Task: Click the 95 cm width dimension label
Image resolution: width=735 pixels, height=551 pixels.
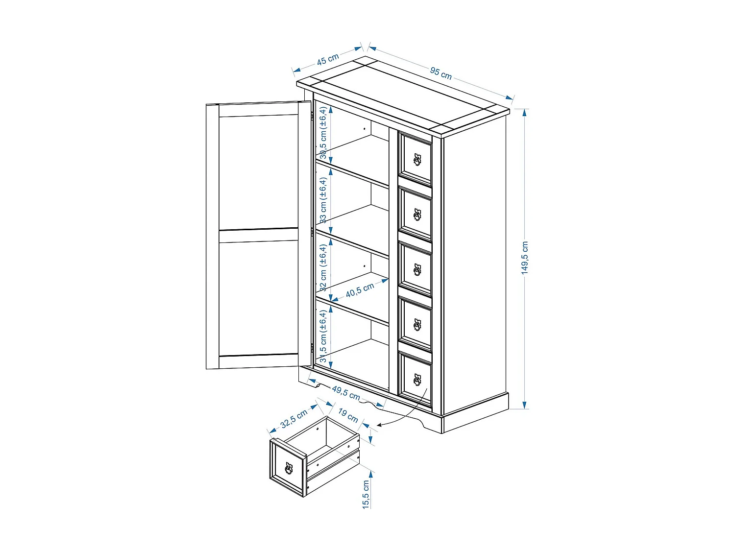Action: [x=441, y=73]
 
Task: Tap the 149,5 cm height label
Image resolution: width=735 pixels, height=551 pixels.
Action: [x=525, y=258]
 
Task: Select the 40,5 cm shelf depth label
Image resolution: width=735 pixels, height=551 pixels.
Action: [x=360, y=290]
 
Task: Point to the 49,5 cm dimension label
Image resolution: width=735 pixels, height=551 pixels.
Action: [x=346, y=393]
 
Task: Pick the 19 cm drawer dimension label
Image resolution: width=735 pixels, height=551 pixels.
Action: [x=348, y=415]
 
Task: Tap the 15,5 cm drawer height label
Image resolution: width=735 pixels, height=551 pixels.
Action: [x=366, y=495]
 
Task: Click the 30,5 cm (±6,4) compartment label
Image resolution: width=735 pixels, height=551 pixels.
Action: [x=323, y=133]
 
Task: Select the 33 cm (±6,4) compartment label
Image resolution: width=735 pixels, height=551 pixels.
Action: [x=323, y=200]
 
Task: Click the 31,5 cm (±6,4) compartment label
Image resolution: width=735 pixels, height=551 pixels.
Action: [x=323, y=336]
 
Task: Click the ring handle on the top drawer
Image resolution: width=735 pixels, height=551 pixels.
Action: [x=417, y=160]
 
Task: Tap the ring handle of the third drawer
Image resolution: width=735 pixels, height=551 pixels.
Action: [x=417, y=269]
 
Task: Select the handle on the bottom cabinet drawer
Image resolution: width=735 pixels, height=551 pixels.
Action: [x=417, y=380]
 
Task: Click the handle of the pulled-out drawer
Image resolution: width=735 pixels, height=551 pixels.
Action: [x=289, y=468]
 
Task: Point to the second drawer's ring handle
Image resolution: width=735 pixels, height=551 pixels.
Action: [x=417, y=215]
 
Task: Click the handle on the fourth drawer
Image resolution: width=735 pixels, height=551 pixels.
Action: [x=417, y=325]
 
